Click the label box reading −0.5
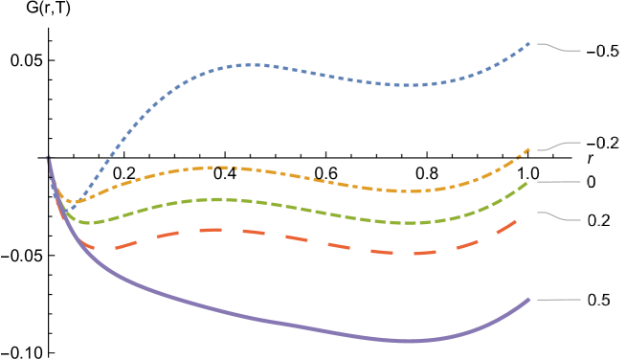(x=601, y=52)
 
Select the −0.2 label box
(x=601, y=144)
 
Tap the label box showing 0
(x=591, y=182)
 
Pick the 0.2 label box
(x=598, y=220)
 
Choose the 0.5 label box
(x=598, y=300)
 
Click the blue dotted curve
(x=249, y=65)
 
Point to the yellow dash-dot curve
(x=220, y=168)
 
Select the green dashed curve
(x=220, y=199)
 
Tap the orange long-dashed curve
(x=220, y=230)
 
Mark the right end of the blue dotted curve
(x=529, y=43)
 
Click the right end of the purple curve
(x=529, y=300)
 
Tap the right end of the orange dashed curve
(x=518, y=220)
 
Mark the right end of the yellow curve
(x=529, y=149)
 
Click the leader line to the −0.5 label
(x=555, y=47)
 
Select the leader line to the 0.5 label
(x=555, y=300)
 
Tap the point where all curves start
(x=48, y=160)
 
